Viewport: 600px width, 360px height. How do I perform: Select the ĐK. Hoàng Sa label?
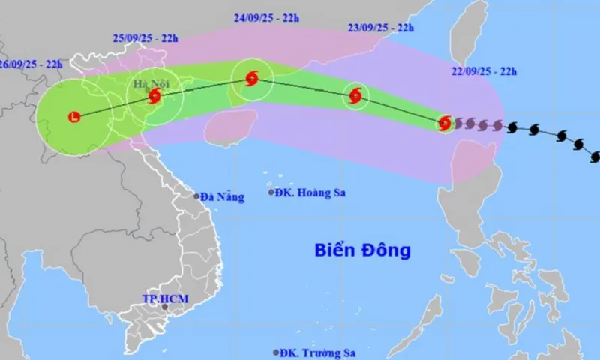tap(304, 193)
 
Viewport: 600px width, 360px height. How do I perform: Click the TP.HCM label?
tap(165, 299)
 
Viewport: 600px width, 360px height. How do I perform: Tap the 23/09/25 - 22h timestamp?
tap(380, 28)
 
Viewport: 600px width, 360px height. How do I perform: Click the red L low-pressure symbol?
tap(73, 117)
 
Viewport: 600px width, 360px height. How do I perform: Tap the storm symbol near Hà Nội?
tap(154, 96)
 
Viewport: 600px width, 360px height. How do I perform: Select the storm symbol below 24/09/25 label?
tap(251, 77)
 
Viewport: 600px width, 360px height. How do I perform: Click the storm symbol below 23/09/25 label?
tap(355, 95)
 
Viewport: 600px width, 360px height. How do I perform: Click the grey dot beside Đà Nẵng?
tap(197, 196)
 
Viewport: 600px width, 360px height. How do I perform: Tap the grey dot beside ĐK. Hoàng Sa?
tap(271, 193)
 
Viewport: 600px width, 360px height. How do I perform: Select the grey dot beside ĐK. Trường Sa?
tap(276, 352)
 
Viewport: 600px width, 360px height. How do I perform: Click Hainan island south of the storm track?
tap(232, 127)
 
